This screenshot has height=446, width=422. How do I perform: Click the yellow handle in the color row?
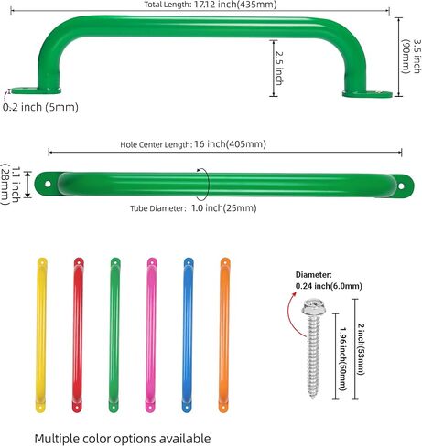tap(41, 335)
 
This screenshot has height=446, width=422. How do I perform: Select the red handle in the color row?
tap(78, 335)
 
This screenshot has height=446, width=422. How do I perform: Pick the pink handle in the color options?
tap(151, 335)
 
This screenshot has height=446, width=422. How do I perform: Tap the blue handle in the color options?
tap(188, 335)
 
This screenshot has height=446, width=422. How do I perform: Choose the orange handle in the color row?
tap(224, 335)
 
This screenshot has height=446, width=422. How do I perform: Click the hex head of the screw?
tap(313, 308)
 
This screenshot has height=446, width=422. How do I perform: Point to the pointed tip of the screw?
tap(313, 398)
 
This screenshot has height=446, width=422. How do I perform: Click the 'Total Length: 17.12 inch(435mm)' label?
tap(211, 5)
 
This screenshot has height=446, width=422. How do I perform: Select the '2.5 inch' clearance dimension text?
tap(279, 68)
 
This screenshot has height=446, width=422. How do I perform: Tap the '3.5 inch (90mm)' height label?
tap(411, 56)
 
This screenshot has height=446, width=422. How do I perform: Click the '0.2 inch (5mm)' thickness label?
tap(40, 107)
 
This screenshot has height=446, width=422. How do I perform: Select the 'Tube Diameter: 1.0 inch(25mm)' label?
tap(193, 208)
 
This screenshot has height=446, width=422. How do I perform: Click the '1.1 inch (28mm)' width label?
tap(11, 184)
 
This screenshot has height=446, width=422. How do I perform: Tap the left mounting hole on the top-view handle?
tap(48, 184)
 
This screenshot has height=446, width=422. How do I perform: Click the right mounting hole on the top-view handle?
tap(401, 186)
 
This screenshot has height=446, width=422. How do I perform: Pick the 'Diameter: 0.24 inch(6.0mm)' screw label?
tap(329, 281)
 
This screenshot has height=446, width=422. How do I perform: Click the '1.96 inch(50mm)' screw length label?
tap(343, 359)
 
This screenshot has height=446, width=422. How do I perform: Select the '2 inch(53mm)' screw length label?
tap(361, 349)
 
